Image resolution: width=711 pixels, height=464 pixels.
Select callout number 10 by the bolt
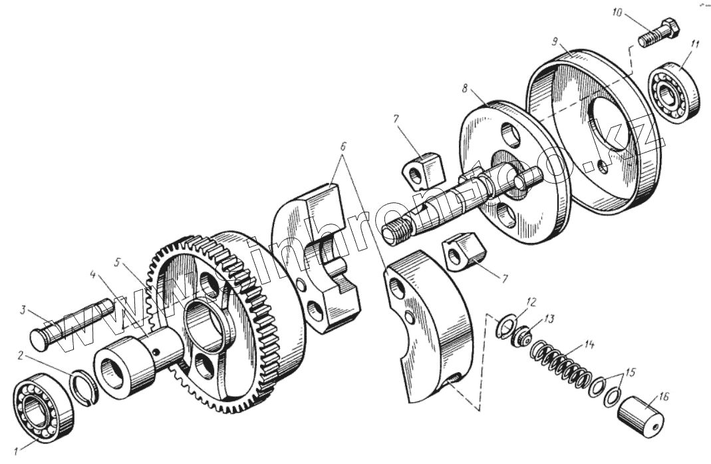(617, 13)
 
